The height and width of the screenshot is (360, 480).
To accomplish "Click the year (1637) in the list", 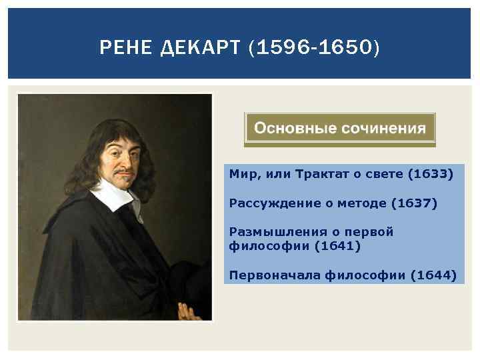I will coord(415,203).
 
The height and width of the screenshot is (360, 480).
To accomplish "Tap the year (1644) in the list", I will coord(434,274).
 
